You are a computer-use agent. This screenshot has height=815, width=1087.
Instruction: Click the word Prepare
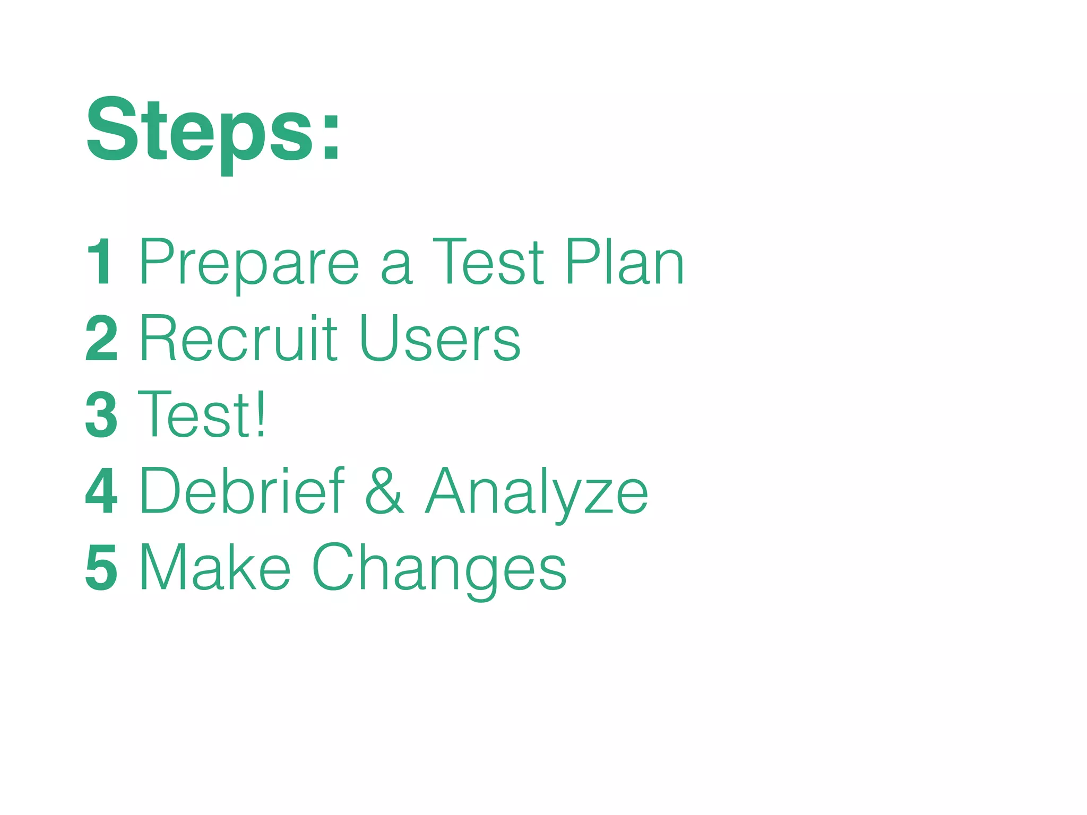tap(249, 263)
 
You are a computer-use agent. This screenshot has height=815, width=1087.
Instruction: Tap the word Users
tap(440, 339)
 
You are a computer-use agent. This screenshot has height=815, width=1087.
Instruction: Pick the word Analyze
tap(537, 492)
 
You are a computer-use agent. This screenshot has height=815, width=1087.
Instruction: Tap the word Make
tap(215, 567)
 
